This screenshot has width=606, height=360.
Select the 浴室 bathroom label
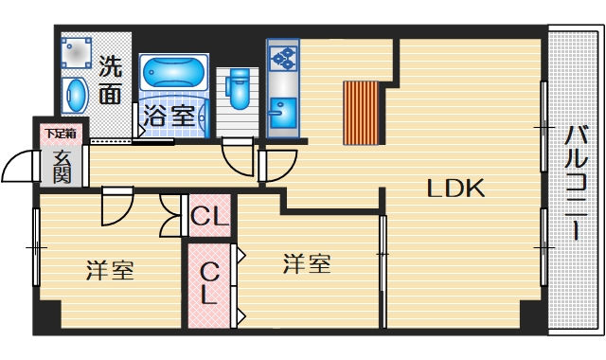[170, 117]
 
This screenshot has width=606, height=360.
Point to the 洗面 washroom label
[110, 80]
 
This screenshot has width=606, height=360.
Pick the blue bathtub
[172, 72]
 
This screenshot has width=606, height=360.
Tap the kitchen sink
[281, 116]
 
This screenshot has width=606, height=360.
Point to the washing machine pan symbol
[77, 53]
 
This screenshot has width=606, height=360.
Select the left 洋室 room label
[110, 270]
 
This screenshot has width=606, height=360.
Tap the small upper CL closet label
[209, 217]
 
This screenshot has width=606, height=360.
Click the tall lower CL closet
[208, 284]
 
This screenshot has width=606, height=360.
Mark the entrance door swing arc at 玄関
[21, 168]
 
